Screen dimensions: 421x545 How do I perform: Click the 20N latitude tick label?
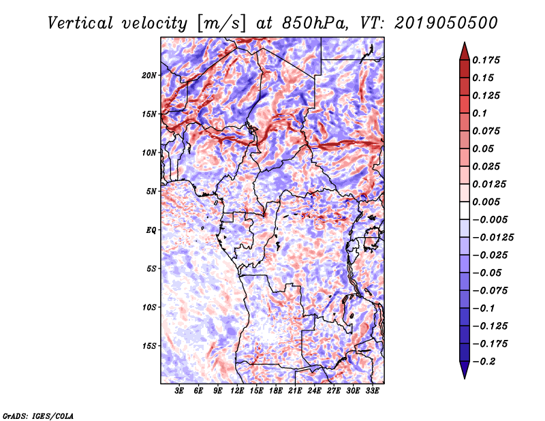pos(149,75)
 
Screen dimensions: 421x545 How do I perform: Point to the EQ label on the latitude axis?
pos(151,230)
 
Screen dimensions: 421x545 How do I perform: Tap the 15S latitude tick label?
pos(149,346)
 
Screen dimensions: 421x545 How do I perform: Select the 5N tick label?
pos(151,191)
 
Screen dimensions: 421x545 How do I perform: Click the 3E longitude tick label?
pos(180,391)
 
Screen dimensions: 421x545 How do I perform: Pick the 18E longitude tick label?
pos(276,391)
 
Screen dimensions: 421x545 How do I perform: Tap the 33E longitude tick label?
pos(372,391)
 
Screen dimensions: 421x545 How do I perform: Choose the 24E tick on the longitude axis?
pos(315,391)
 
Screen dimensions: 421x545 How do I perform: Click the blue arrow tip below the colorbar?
pos(464,374)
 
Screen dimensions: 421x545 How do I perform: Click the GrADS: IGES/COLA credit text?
pos(37,415)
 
